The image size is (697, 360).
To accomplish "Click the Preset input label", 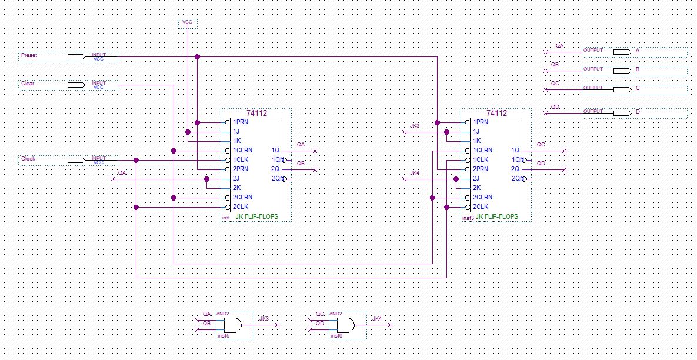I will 29,55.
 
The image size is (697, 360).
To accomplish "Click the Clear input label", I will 28,84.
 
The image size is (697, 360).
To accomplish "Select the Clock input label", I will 28,159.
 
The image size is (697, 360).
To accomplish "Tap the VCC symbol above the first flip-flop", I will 188,22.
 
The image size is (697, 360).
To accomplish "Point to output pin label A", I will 637,51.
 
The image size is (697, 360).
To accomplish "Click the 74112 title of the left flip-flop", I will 256,114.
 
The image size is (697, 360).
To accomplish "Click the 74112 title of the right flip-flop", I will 496,114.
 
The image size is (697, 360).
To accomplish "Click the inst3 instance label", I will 468,218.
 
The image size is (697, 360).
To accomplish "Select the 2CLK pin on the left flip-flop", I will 240,207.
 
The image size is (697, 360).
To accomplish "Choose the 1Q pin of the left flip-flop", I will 275,151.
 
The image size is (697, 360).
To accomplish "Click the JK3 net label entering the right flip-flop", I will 415,126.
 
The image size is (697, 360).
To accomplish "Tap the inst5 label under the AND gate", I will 222,336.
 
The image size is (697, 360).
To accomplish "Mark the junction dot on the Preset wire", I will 197,57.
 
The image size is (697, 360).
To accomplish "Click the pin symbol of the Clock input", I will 76,160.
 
